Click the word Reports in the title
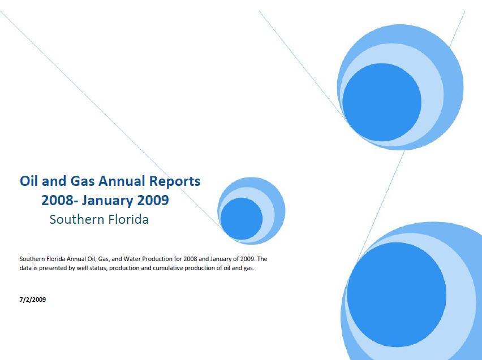click(x=175, y=182)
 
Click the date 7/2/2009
click(x=33, y=300)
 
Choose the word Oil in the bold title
click(x=29, y=181)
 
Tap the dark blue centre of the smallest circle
click(x=242, y=218)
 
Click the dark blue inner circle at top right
click(x=382, y=102)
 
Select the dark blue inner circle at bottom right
click(x=397, y=294)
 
